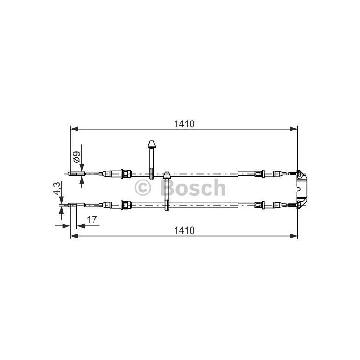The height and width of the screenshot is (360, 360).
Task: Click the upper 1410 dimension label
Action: [x=184, y=124]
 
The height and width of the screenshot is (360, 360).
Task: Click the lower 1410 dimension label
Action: [x=184, y=230]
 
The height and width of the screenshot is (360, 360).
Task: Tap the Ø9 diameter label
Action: [x=76, y=157]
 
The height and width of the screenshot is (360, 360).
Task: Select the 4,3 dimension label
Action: [x=57, y=189]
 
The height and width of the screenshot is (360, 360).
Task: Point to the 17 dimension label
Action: [x=92, y=220]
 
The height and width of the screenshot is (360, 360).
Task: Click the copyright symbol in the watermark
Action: [x=143, y=188]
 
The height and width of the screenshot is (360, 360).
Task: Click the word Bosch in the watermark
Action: [x=193, y=187]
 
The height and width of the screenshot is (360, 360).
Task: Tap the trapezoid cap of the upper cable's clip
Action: [x=152, y=144]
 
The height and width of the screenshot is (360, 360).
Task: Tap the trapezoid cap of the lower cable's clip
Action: [x=167, y=175]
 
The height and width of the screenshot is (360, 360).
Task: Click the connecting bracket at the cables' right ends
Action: [x=301, y=189]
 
